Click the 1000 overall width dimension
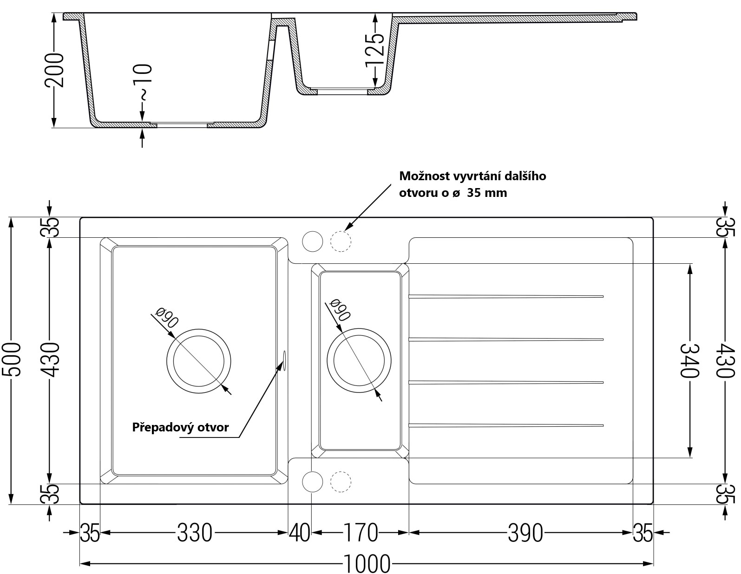(367, 564)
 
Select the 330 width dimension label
(194, 532)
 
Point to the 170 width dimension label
(360, 532)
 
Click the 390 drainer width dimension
(525, 532)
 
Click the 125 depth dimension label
(375, 50)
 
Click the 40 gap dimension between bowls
(299, 532)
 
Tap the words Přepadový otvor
(180, 427)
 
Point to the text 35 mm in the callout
(487, 193)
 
